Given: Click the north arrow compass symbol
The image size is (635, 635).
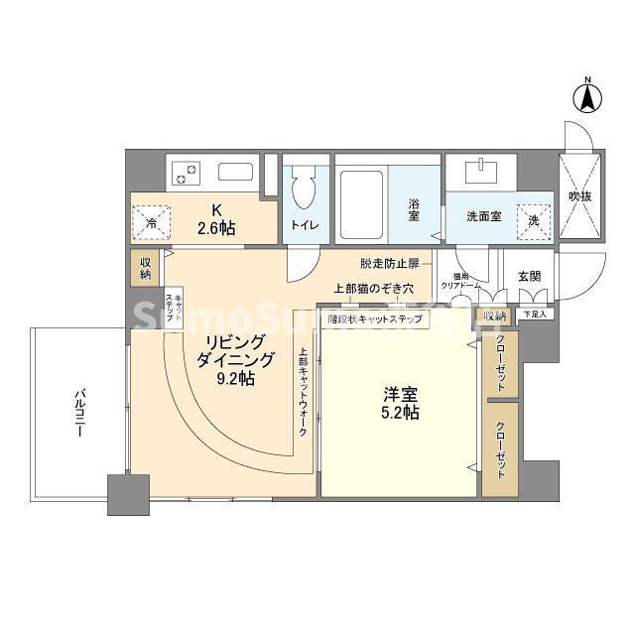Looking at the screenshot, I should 586,96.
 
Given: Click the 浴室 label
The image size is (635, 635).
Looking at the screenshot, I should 414,210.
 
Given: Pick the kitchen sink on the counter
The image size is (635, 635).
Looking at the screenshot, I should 235,172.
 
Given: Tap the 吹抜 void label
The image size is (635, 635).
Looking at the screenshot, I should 578,197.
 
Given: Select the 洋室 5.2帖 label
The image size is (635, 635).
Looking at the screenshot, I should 401,402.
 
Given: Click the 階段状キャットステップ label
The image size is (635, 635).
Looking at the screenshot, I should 375,319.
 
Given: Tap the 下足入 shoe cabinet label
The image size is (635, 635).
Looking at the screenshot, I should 534,314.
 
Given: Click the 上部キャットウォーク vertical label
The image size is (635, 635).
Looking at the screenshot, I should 302,393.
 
